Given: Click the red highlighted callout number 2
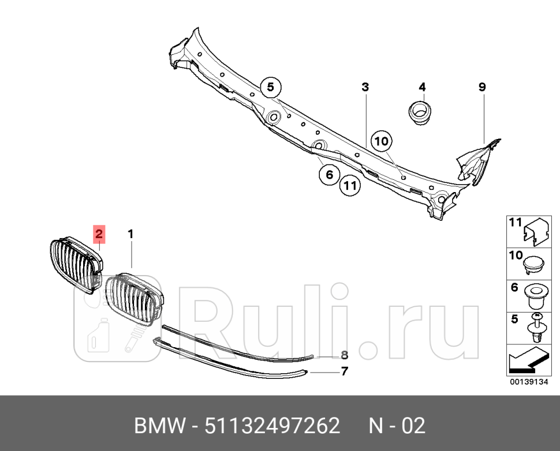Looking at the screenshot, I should (x=99, y=234).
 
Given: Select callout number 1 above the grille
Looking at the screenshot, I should (x=131, y=234).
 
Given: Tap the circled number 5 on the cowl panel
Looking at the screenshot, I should (x=270, y=88).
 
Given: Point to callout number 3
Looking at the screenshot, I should (x=365, y=87).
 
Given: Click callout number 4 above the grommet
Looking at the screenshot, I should (x=422, y=87).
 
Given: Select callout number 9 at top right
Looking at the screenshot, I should (x=482, y=87).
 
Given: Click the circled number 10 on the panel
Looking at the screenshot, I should (x=382, y=140).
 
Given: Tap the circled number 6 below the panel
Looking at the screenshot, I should (x=329, y=174).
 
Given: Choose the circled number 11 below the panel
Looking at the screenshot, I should (x=350, y=185).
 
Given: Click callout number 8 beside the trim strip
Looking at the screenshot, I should (x=344, y=355).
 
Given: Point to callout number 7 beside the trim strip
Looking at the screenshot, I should (x=344, y=371).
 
